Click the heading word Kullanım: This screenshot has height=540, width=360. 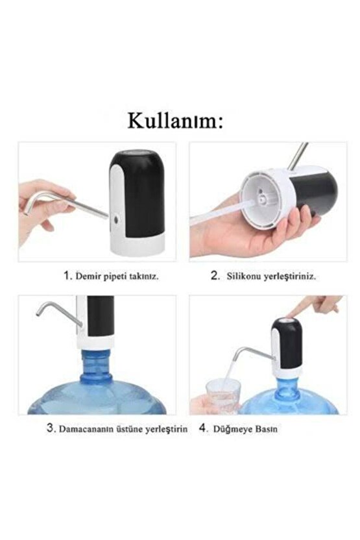pos(175,121)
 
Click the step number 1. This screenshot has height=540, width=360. pos(66,275)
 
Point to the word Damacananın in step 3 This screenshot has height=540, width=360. pos(88,429)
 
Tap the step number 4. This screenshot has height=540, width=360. pos(202,428)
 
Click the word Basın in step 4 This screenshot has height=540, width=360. pos(265,429)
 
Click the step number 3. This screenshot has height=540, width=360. pos(49,428)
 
